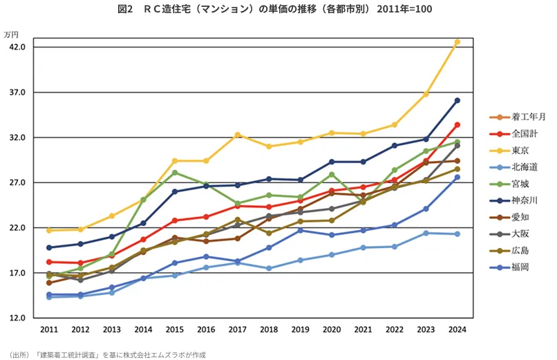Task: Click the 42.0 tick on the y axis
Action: click(x=16, y=47)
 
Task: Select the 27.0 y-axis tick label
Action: click(x=16, y=182)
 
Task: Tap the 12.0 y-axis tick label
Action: click(x=16, y=318)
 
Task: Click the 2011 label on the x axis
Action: click(x=49, y=330)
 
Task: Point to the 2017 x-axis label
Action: click(x=237, y=330)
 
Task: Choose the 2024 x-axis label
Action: click(x=456, y=330)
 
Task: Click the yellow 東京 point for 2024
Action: click(x=457, y=42)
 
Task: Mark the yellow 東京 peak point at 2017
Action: click(x=237, y=135)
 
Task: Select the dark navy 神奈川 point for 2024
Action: click(x=457, y=100)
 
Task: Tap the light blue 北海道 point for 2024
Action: click(x=457, y=234)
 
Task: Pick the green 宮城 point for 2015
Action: click(x=175, y=172)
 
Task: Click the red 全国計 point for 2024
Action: click(x=457, y=125)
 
